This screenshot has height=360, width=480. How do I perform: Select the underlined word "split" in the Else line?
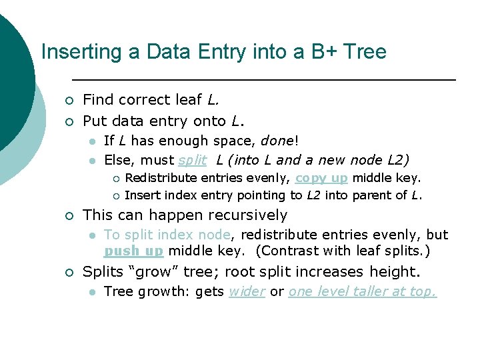pos(193,160)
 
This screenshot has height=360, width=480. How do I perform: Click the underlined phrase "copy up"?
pos(321,178)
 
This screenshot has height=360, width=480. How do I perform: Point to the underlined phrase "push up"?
pos(133,251)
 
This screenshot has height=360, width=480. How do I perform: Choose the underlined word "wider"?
pos(247,291)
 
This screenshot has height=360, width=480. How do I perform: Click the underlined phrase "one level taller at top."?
pos(362,291)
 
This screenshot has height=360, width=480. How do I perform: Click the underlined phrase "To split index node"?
pos(167,235)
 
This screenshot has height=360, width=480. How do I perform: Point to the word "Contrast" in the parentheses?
pos(287,251)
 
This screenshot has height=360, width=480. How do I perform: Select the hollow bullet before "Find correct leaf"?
pos(68,101)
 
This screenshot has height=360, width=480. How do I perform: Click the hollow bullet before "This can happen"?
pos(68,216)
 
